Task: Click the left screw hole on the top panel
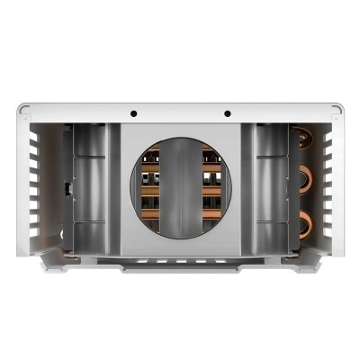point(133,114)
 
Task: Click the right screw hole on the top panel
point(227,114)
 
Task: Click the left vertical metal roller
point(88,189)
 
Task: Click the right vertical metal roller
point(272,189)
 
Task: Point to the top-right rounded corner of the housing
point(337,110)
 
